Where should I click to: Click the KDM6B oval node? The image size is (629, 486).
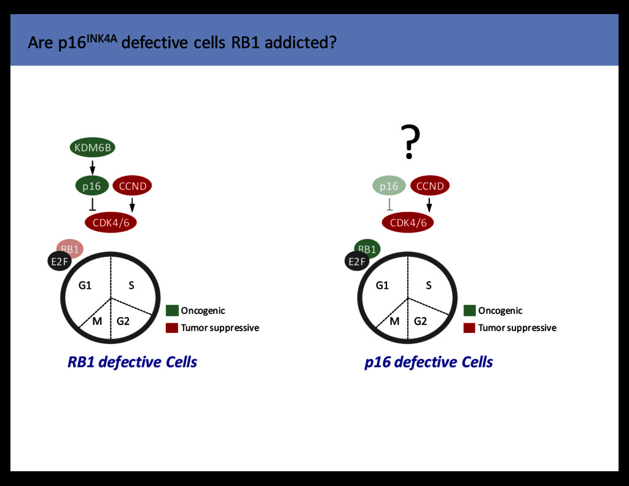coord(92,147)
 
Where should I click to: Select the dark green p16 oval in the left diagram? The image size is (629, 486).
coord(92,186)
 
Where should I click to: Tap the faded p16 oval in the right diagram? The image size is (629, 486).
coord(389,186)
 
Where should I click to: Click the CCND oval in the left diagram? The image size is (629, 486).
coord(132,186)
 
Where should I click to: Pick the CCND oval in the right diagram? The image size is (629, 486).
coord(429,186)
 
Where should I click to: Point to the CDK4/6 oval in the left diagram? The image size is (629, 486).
coord(111,222)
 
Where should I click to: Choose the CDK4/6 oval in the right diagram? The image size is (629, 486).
coord(408,222)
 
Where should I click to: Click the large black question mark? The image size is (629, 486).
coord(410,142)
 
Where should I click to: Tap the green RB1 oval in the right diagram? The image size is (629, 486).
coord(367,249)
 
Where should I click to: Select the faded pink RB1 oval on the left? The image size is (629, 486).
coord(70,249)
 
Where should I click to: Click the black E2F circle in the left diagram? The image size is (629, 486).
coord(59,262)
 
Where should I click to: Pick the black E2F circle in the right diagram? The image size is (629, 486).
coord(356,262)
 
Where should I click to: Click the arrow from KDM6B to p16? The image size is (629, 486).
coord(92,167)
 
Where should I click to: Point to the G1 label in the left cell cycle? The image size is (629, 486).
coord(85,285)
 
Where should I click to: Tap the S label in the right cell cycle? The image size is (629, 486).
coord(429,285)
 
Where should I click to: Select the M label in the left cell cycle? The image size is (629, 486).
coord(97,321)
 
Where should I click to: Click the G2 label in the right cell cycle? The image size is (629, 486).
coord(420,321)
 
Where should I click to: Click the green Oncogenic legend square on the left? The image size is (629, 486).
coord(172,311)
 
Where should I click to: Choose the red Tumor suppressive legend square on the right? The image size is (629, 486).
coord(469,327)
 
